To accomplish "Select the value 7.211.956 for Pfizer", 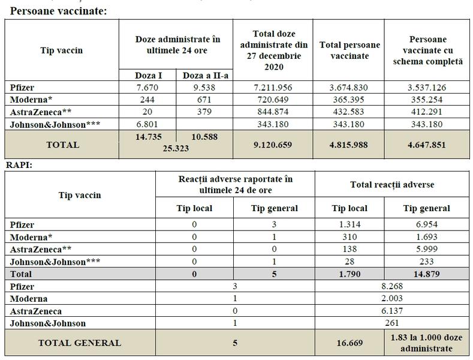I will [x=277, y=88].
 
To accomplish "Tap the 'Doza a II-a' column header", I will [x=206, y=76].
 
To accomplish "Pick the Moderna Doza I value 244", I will [x=147, y=98].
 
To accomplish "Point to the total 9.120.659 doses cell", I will [x=277, y=144].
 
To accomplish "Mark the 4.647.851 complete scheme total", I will [x=427, y=144].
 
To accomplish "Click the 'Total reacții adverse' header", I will [x=391, y=184].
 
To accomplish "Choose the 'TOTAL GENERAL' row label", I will [x=79, y=343].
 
